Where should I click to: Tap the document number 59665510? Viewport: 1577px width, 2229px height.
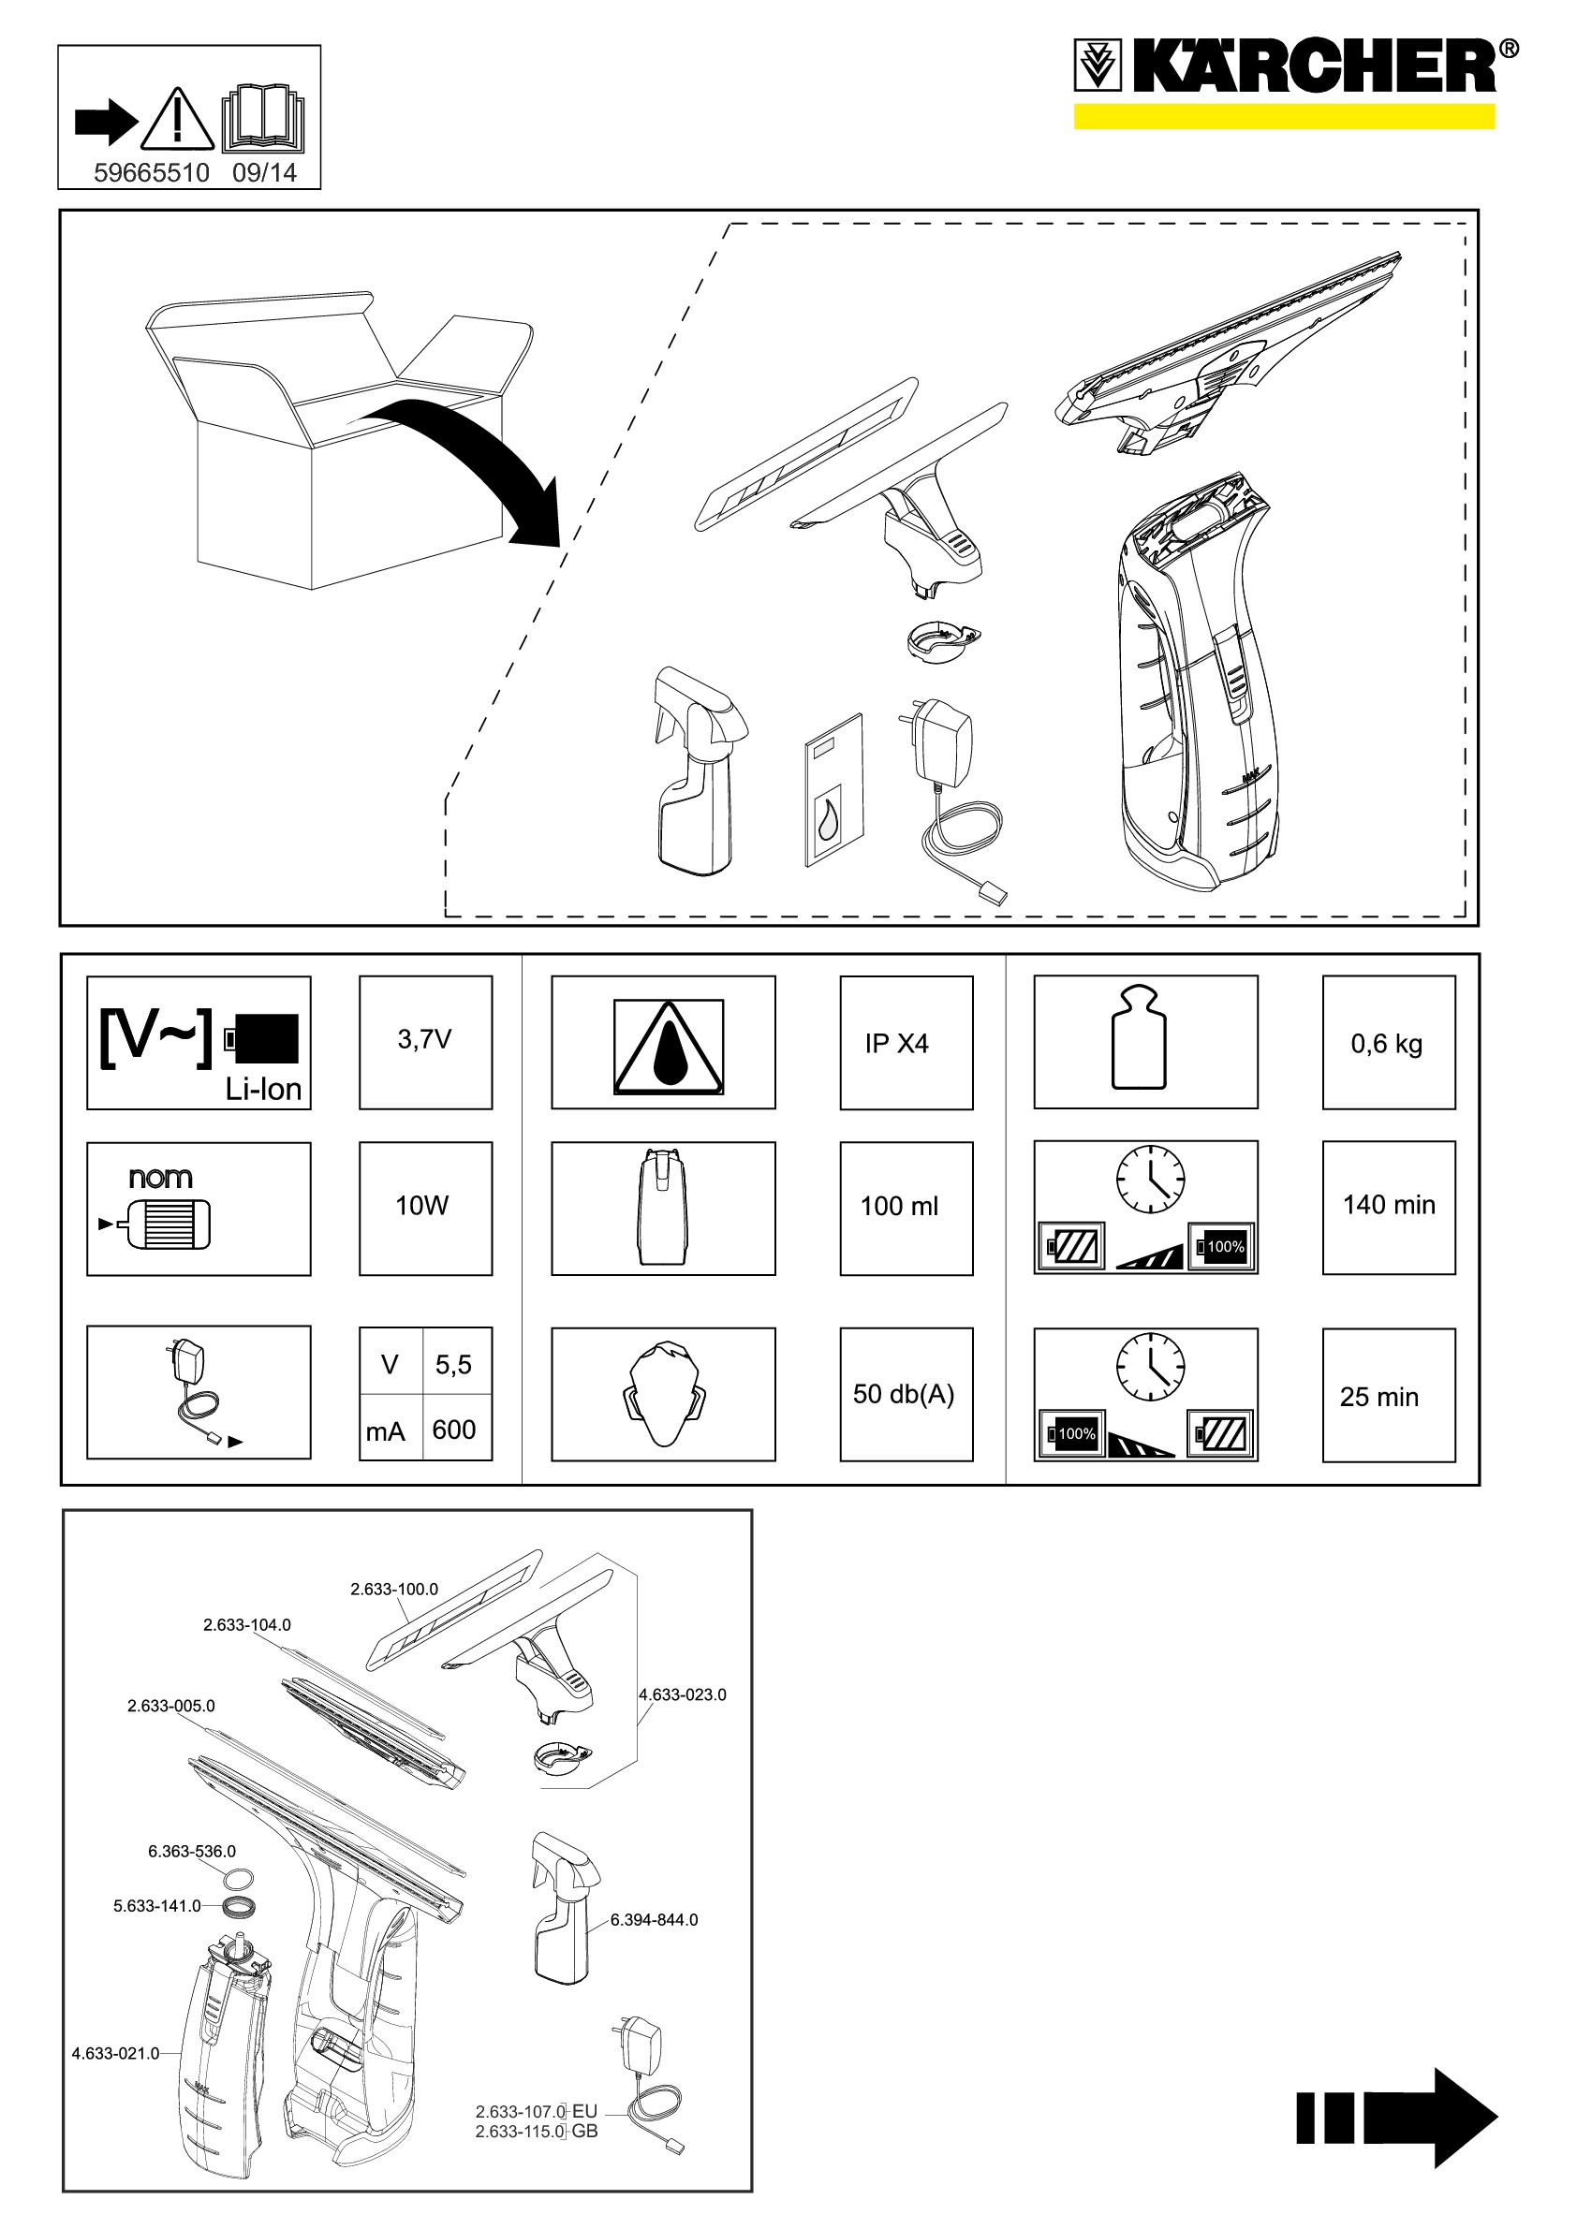point(152,173)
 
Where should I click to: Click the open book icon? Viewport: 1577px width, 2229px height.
point(263,120)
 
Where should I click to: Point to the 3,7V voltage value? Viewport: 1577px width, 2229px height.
point(424,1040)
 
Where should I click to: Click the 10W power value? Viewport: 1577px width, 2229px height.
point(421,1206)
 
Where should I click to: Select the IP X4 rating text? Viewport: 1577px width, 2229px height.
point(897,1044)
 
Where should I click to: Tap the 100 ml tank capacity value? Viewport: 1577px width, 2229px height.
point(899,1206)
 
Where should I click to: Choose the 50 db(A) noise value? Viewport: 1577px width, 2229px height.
point(903,1394)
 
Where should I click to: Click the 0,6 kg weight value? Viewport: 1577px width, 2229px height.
point(1387,1045)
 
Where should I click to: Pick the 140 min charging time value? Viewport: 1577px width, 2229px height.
point(1389,1205)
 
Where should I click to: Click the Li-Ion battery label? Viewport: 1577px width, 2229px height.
point(263,1090)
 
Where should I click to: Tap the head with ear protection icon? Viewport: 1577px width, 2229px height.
point(663,1394)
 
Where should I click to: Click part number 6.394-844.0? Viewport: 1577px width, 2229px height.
point(654,1919)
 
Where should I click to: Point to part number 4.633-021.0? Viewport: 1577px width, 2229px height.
point(115,2053)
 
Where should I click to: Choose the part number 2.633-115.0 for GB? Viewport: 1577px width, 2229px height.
point(520,2131)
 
